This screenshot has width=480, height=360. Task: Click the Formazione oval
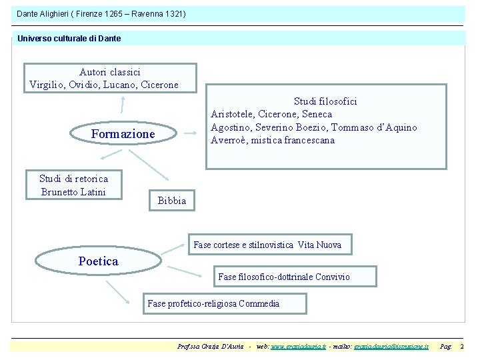coord(123,134)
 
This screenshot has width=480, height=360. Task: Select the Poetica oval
coord(98,261)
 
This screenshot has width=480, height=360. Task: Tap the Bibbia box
coord(172,201)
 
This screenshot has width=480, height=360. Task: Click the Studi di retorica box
coord(73,184)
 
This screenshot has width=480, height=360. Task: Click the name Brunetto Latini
coord(73,192)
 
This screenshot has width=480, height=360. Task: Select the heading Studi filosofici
coord(325,101)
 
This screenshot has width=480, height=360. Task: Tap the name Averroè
coord(229,140)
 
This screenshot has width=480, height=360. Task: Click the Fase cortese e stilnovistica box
coord(267,245)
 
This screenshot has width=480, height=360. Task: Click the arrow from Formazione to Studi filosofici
coord(190,133)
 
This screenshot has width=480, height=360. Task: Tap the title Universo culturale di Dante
coord(69,39)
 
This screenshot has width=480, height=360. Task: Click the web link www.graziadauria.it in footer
coord(298,347)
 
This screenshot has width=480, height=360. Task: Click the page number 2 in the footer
coord(462,347)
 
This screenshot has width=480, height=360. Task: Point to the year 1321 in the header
coord(172,14)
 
